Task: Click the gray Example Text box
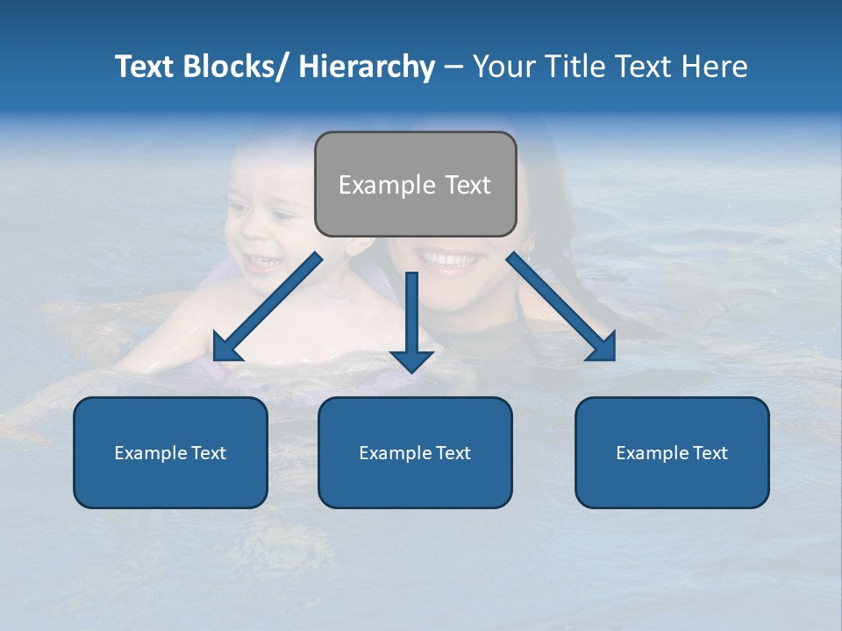pyautogui.click(x=415, y=184)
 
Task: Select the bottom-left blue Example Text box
pyautogui.click(x=170, y=452)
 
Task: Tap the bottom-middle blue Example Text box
pyautogui.click(x=415, y=452)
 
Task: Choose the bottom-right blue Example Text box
pyautogui.click(x=672, y=452)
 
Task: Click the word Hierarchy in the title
pyautogui.click(x=367, y=67)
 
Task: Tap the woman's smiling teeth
pyautogui.click(x=449, y=259)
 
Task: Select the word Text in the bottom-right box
pyautogui.click(x=709, y=452)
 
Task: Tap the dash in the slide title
pyautogui.click(x=453, y=67)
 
